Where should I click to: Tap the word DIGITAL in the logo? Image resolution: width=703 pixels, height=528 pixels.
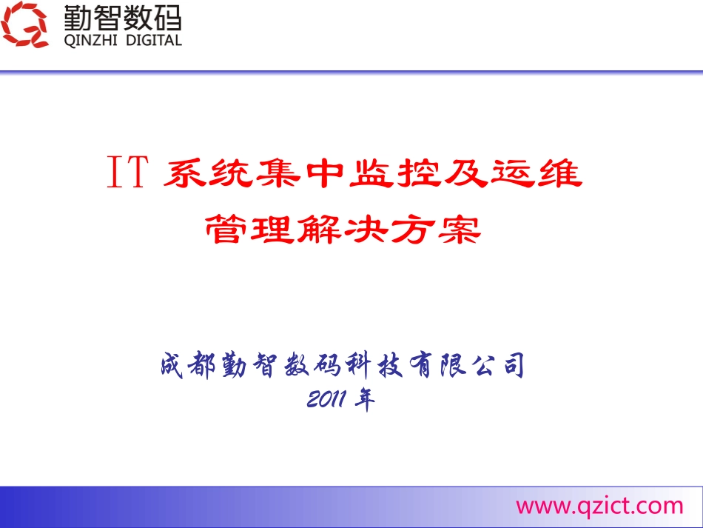tap(148, 41)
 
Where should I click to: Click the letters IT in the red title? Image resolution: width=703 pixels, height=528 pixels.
tap(127, 176)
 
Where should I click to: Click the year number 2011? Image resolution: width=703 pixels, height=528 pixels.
tap(327, 400)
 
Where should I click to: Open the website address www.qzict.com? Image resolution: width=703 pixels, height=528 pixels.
tap(599, 506)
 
